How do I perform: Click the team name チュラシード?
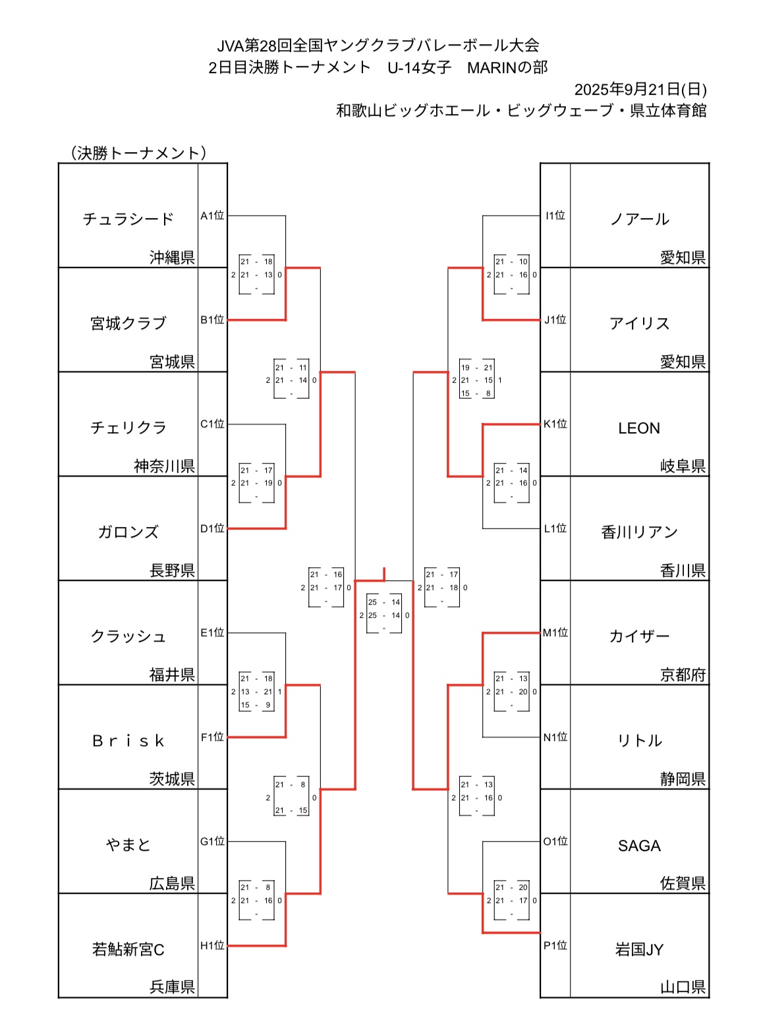(x=128, y=219)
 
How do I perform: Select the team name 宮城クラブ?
(x=128, y=323)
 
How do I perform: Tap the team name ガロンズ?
(x=128, y=532)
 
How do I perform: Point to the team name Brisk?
(x=128, y=741)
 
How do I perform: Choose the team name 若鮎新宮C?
(x=128, y=950)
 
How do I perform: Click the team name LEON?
(x=638, y=428)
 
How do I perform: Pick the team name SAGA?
(x=638, y=846)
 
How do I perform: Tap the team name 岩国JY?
(x=638, y=950)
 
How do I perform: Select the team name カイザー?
(x=638, y=636)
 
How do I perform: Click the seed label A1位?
(x=212, y=215)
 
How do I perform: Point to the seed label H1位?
(x=212, y=946)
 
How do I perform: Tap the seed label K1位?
(x=555, y=424)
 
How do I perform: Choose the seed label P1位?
(x=555, y=946)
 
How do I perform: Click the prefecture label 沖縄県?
(x=172, y=258)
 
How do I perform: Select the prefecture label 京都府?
(x=683, y=675)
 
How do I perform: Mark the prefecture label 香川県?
(x=683, y=570)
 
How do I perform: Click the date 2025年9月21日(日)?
(x=640, y=90)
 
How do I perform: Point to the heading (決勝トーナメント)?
(x=138, y=153)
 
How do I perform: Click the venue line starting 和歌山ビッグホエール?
(x=521, y=111)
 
